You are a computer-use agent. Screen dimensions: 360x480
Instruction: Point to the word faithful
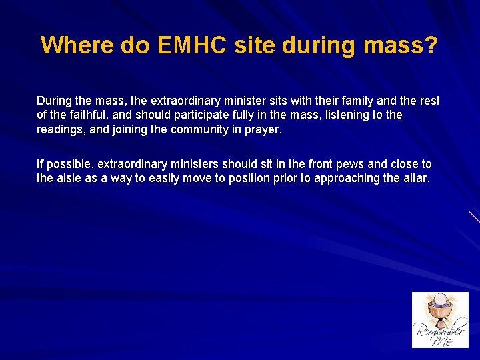click(79, 115)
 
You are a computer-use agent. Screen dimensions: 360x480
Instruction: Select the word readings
click(61, 130)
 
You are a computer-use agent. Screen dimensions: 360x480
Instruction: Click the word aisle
click(70, 178)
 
